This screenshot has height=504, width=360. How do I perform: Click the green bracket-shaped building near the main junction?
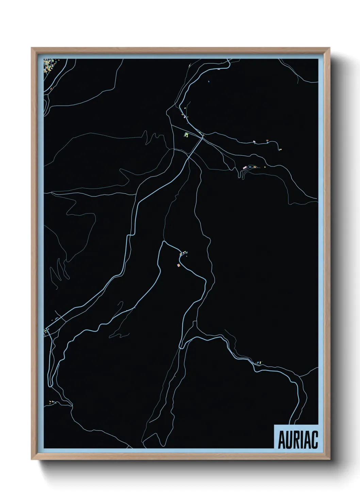186,135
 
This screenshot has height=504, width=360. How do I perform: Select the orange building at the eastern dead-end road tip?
281,149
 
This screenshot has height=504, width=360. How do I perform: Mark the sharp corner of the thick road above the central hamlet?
164,242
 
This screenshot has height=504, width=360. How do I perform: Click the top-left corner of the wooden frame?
32,48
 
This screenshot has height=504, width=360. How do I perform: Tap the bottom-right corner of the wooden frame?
330,459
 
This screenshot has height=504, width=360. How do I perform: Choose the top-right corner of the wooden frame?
330,48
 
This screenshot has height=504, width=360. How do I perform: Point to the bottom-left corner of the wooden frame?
32,459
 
